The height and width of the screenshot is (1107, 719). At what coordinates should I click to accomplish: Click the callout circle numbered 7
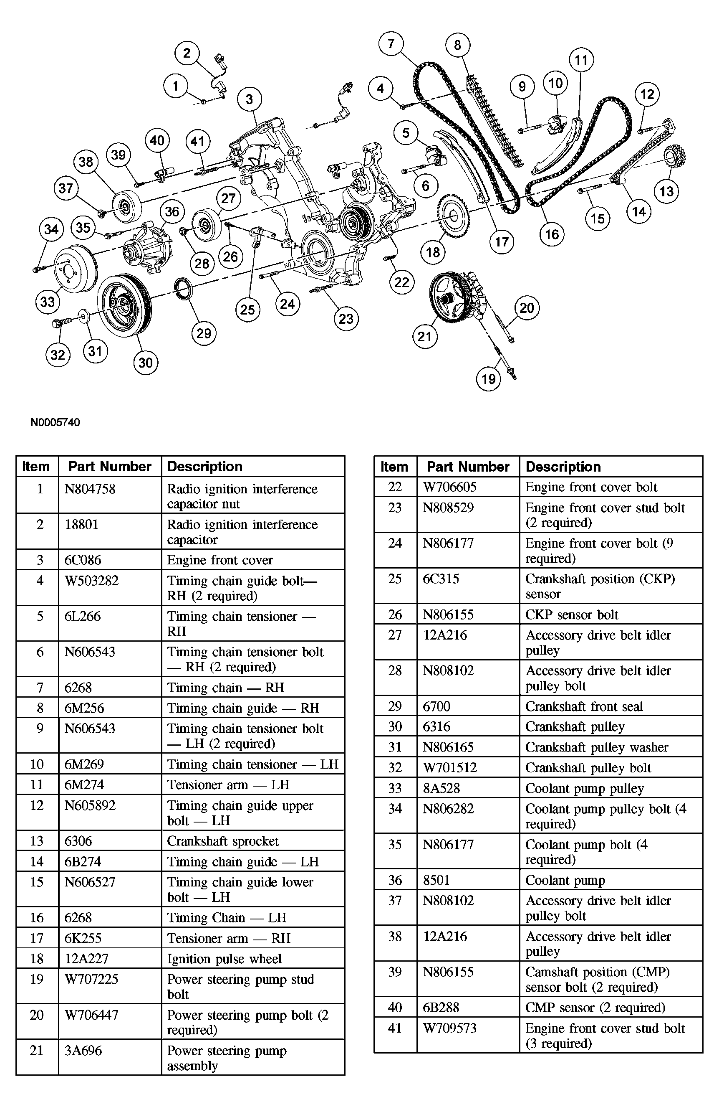tap(391, 44)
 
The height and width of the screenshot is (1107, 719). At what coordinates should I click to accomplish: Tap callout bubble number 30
tap(146, 363)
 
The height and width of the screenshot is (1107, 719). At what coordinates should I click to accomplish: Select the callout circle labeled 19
tap(489, 379)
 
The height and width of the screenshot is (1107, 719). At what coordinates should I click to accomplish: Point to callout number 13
tap(666, 191)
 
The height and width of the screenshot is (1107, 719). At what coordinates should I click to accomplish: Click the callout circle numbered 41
tap(197, 141)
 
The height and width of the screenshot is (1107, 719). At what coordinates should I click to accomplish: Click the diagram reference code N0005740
tap(56, 422)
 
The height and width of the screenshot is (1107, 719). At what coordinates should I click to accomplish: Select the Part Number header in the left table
tap(110, 467)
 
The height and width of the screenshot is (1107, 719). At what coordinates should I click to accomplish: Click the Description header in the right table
tap(563, 467)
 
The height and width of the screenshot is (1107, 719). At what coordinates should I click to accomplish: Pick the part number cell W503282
tap(91, 581)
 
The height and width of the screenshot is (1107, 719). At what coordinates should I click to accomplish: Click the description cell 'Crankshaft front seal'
tap(584, 706)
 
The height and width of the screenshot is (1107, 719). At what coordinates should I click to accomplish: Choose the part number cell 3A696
tap(83, 1051)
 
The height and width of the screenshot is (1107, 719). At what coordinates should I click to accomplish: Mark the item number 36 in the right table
tap(395, 880)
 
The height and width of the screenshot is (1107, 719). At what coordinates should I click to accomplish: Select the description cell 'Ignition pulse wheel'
tap(224, 959)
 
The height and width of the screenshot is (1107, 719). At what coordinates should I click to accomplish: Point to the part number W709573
tap(449, 1028)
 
